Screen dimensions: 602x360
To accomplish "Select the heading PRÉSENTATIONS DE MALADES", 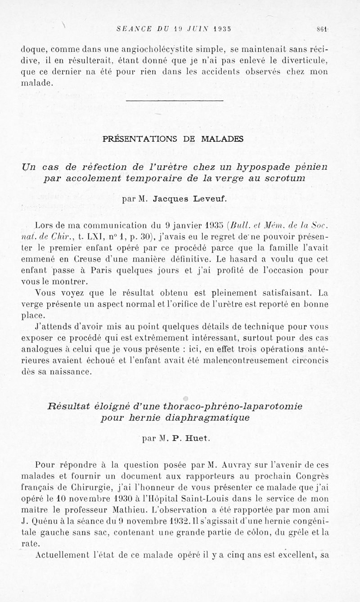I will [173, 139].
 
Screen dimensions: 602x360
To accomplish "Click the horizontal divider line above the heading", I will [175, 100].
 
